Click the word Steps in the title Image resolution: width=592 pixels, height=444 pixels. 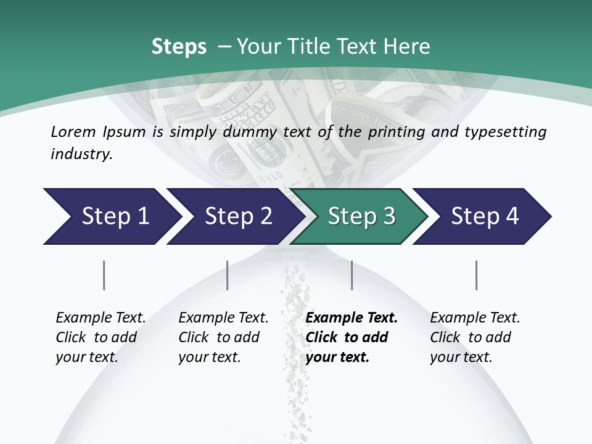click(x=179, y=47)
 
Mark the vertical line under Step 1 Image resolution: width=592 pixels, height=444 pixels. click(x=104, y=275)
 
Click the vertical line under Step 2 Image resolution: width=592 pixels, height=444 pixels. click(x=228, y=275)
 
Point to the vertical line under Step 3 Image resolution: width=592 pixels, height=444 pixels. click(x=351, y=275)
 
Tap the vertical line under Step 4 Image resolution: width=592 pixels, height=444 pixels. click(x=476, y=275)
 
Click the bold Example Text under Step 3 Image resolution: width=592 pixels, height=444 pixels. click(x=351, y=318)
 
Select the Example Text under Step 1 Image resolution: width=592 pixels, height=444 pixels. click(x=101, y=318)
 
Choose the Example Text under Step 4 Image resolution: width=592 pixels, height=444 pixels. click(x=475, y=318)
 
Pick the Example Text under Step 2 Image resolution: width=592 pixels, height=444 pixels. click(x=223, y=318)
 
